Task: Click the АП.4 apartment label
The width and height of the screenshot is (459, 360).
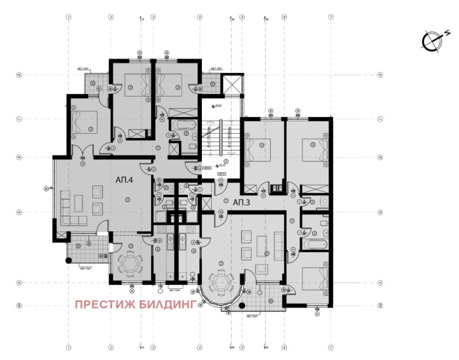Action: point(124,180)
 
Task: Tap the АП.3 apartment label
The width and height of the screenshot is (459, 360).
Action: point(241,202)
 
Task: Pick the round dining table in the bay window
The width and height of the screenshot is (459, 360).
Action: point(220,283)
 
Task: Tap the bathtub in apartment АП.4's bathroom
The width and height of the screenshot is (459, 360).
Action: point(184,124)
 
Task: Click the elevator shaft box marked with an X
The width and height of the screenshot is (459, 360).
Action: point(233,87)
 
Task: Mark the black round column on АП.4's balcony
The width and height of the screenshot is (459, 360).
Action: point(69,261)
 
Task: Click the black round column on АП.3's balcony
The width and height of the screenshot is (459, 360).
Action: point(242,306)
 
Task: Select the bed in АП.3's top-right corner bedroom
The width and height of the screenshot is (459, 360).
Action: point(316,151)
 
